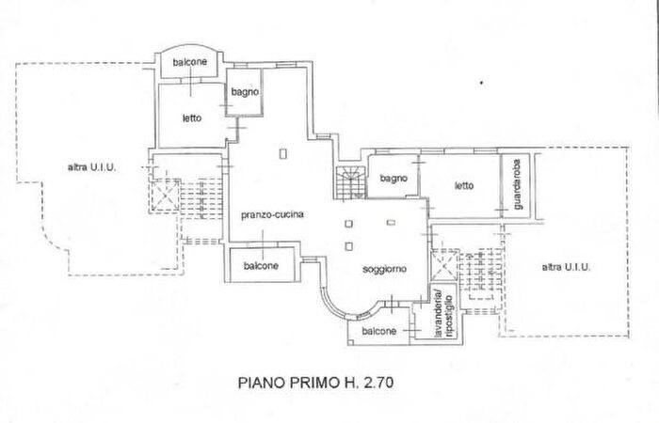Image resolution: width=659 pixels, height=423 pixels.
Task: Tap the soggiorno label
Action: [x=384, y=269]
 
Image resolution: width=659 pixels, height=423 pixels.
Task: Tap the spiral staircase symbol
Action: [x=349, y=180]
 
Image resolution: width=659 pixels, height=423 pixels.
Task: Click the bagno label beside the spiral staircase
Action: [x=393, y=179]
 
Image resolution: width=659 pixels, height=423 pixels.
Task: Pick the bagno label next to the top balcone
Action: [x=247, y=93]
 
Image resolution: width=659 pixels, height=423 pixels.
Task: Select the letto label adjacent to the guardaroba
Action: [x=463, y=185]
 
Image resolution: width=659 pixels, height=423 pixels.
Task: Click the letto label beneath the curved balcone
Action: [x=191, y=117]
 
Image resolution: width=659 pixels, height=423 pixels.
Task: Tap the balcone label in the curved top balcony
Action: [x=190, y=62]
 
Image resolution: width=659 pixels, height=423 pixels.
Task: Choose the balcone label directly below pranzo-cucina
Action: [x=261, y=266]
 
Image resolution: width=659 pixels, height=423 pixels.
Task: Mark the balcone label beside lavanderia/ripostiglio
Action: [x=378, y=332]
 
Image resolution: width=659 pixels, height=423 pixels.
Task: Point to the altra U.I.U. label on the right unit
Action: [x=566, y=268]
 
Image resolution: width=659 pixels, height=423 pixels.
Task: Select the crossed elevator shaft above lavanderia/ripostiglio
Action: [x=442, y=263]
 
